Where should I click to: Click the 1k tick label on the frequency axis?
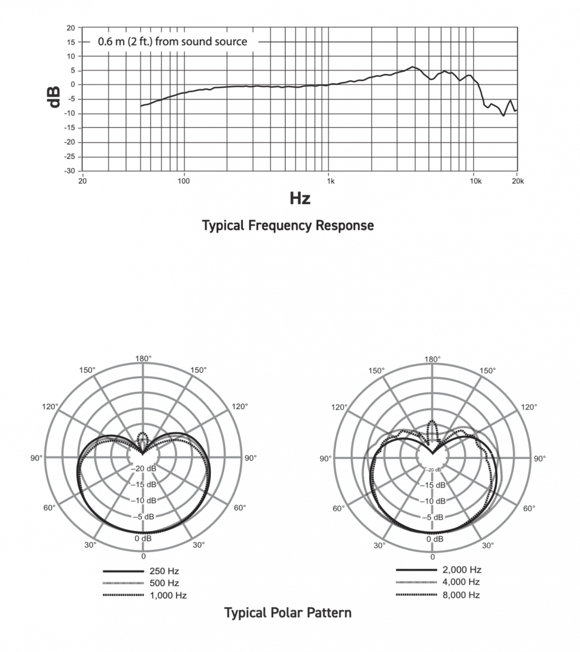[331, 181]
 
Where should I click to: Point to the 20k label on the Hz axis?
[518, 181]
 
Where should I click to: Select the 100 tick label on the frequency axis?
[184, 181]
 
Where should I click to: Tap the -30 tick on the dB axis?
[69, 171]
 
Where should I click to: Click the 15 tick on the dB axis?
[71, 42]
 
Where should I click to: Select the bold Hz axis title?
[300, 198]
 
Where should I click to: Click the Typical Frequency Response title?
[288, 225]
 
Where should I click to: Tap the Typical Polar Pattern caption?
[288, 613]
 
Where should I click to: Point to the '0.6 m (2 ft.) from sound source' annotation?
[172, 42]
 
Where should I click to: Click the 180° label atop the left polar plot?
[143, 359]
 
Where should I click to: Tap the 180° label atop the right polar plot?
[433, 359]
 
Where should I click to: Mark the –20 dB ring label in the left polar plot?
[143, 468]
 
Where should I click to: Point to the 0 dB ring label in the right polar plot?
[435, 539]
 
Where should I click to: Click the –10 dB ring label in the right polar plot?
[433, 501]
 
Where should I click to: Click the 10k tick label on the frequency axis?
[476, 181]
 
